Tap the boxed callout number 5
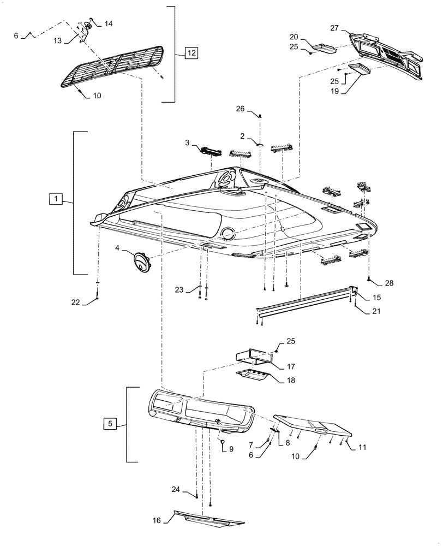pyautogui.click(x=110, y=423)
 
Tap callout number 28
pyautogui.click(x=388, y=283)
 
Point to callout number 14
pyautogui.click(x=108, y=23)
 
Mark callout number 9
pyautogui.click(x=231, y=449)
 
